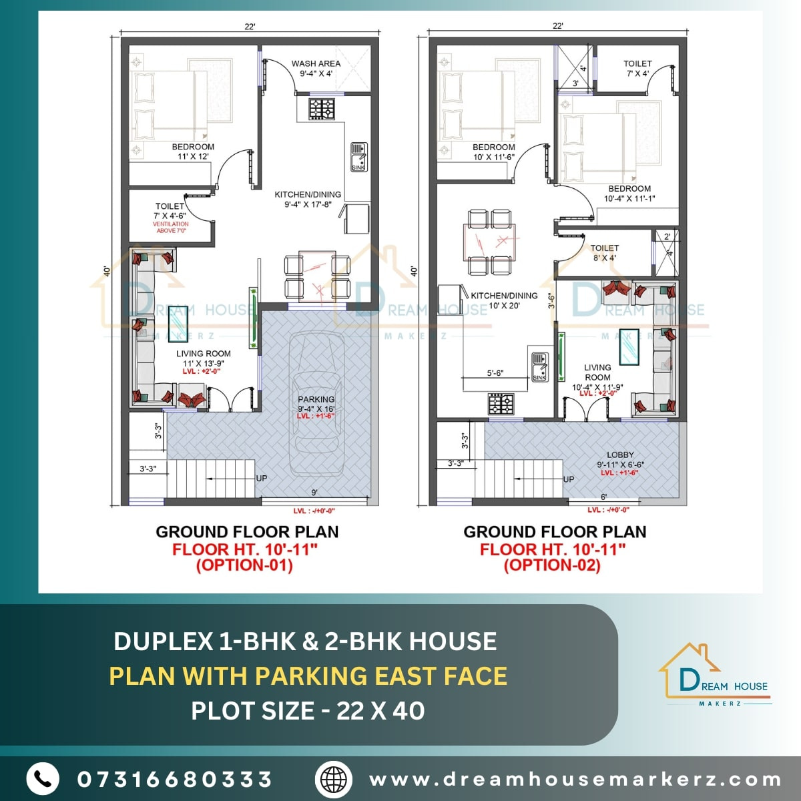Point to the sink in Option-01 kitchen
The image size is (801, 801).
[x=358, y=156]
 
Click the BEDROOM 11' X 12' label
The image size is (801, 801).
[x=193, y=152]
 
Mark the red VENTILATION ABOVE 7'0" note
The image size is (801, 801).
[x=171, y=228]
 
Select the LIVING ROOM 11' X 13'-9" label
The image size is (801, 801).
[x=203, y=358]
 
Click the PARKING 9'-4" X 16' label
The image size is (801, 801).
[x=316, y=404]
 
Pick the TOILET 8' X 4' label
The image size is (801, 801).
[x=604, y=252]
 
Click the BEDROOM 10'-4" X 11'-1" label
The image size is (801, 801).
[x=629, y=194]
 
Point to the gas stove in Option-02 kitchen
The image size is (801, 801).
[x=501, y=403]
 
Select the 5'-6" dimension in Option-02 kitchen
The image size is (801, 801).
[x=495, y=374]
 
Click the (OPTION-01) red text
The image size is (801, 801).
[x=244, y=565]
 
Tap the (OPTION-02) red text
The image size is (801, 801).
[x=552, y=565]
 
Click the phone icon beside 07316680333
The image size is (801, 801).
[x=43, y=778]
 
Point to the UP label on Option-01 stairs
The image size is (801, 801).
[x=262, y=478]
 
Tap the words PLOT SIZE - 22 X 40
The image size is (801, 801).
[x=308, y=710]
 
